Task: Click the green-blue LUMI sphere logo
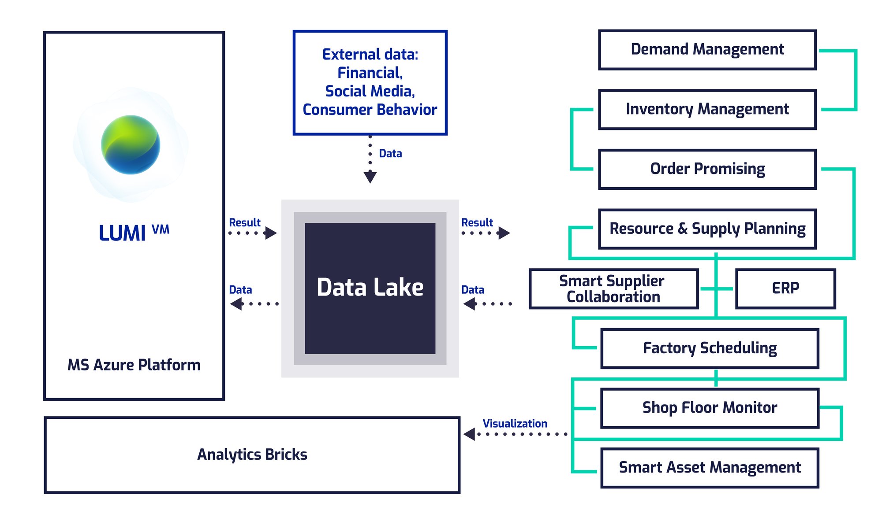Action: pos(131,145)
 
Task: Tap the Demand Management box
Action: pos(707,50)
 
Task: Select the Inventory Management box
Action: pos(707,110)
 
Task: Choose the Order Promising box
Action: pos(707,170)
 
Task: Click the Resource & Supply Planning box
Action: pos(707,229)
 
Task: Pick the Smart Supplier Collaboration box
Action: pos(613,289)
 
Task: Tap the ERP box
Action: pos(785,289)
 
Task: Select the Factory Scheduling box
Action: pos(710,348)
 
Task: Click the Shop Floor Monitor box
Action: pos(710,408)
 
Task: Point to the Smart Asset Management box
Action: pos(710,468)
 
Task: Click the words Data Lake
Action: pos(370,288)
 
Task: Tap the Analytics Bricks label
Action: pos(252,455)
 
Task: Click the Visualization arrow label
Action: pos(515,424)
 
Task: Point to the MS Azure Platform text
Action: pos(134,365)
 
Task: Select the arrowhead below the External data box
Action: pos(370,177)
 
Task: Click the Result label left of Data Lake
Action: pos(245,223)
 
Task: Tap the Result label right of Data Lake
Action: pos(477,223)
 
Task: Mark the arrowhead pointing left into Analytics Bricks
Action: pos(469,434)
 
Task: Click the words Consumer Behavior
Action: pos(370,110)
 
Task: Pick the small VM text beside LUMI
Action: pos(161,229)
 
